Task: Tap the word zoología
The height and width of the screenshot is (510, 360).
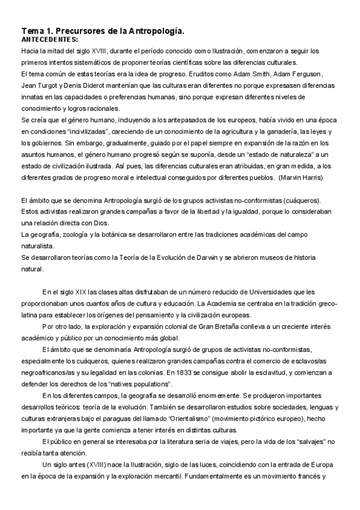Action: tap(70, 233)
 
